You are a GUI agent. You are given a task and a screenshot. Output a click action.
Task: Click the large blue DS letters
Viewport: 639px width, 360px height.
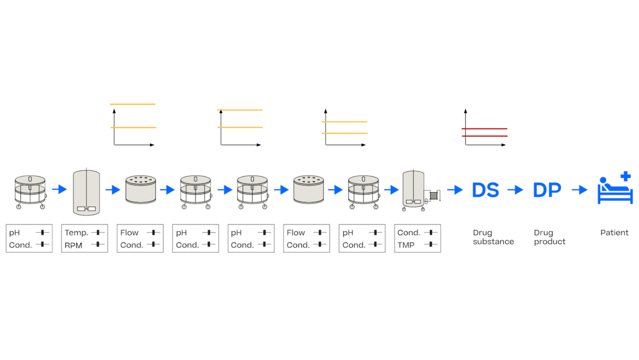[485, 190]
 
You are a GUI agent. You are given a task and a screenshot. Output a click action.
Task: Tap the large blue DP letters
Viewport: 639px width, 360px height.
[547, 190]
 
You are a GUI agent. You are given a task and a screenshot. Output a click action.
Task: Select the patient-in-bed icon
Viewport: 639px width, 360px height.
[614, 191]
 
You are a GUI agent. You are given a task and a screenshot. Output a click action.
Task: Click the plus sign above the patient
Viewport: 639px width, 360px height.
[626, 177]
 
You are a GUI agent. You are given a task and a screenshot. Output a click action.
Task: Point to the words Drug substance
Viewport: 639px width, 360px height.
[493, 237]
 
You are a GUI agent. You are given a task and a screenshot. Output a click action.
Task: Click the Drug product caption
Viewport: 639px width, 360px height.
[549, 237]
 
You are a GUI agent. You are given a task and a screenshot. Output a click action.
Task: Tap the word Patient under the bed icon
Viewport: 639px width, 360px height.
[614, 233]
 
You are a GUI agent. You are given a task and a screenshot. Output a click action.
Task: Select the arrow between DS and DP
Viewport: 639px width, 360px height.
[515, 190]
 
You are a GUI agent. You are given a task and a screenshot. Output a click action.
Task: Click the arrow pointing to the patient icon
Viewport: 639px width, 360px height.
[579, 190]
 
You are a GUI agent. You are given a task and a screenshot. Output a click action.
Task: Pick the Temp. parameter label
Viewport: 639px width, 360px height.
[76, 233]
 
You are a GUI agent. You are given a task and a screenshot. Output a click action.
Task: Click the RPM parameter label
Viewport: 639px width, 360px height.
[73, 245]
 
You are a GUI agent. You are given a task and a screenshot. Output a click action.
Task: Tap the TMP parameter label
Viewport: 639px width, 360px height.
[406, 245]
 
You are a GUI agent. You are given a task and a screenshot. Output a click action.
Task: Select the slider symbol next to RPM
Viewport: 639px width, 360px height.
[98, 244]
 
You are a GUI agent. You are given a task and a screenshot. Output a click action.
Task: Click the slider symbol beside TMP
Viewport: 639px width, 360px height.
[430, 244]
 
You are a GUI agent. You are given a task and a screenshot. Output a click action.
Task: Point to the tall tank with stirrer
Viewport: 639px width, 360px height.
[86, 192]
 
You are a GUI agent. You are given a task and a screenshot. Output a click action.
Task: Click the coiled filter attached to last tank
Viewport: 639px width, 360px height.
[434, 196]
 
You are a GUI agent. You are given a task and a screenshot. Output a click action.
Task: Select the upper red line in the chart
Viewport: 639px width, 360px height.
[484, 129]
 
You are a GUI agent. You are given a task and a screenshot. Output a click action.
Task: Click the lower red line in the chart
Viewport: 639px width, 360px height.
[484, 136]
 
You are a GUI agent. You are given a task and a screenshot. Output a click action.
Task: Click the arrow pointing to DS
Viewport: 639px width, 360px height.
[455, 190]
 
